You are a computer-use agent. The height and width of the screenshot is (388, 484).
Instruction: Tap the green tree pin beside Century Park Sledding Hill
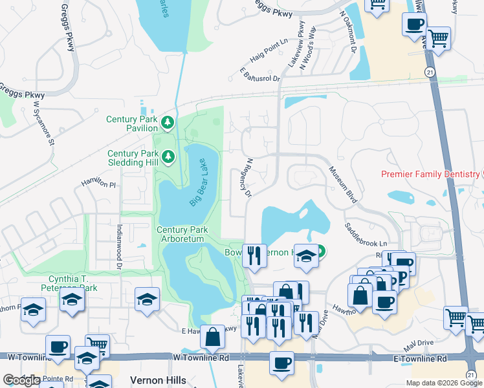[x=168, y=156]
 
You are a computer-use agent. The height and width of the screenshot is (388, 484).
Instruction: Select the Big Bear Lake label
[x=201, y=183]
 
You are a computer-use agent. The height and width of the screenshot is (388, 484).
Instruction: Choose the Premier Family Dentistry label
[x=430, y=174]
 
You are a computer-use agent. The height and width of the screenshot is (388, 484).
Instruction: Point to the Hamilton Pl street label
[x=97, y=185]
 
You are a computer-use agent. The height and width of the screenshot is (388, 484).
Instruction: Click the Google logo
[x=21, y=380]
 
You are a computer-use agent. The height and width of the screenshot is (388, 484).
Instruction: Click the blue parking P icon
[x=402, y=277]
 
